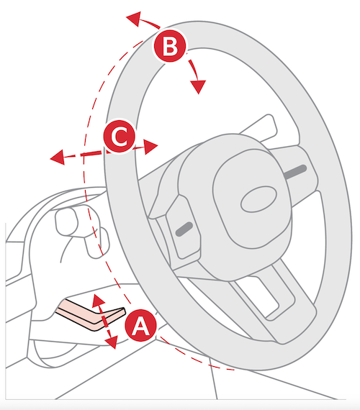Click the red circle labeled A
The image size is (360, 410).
tap(141, 325)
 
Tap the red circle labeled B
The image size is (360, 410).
tap(170, 46)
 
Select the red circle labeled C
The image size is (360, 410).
tap(120, 136)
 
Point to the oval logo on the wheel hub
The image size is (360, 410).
tap(258, 199)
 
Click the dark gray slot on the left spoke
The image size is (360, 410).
tap(184, 229)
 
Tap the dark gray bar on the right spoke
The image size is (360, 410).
tap(295, 172)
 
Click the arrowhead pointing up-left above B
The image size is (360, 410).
tap(134, 19)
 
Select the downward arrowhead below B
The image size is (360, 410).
tap(198, 87)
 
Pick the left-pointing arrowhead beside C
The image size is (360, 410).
tap(58, 158)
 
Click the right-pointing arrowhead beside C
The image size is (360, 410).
tap(150, 147)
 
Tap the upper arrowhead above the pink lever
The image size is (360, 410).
tap(98, 300)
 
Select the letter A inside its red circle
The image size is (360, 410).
tap(141, 326)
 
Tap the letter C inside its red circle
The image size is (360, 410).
tap(120, 136)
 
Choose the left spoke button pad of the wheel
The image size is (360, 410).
tap(181, 225)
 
